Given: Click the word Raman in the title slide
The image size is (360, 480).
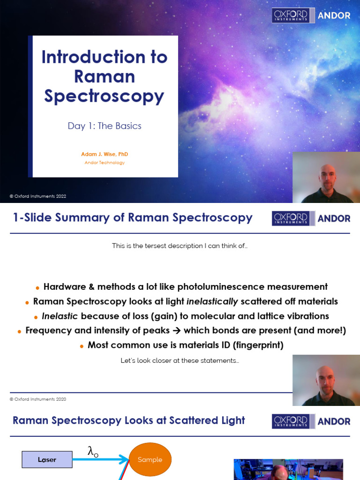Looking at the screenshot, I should click(x=104, y=76).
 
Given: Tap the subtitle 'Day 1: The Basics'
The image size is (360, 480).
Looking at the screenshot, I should click(x=104, y=126).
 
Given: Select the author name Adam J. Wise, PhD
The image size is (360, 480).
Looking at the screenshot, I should click(x=104, y=154).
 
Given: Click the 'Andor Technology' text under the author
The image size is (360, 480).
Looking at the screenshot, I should click(x=104, y=163).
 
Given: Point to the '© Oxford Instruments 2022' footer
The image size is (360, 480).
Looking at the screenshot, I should click(x=38, y=196).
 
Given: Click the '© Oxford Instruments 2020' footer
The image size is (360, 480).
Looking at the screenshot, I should click(x=38, y=399).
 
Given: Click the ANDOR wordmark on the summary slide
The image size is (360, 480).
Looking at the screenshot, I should click(x=334, y=218).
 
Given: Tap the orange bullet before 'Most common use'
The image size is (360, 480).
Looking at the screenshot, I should click(x=82, y=346).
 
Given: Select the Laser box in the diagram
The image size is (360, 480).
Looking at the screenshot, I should click(x=47, y=460).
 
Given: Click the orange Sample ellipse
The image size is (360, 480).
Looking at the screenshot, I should click(x=150, y=460).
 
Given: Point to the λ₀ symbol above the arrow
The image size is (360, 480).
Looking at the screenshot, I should click(x=93, y=451).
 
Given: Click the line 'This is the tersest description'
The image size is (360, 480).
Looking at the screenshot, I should click(x=180, y=246).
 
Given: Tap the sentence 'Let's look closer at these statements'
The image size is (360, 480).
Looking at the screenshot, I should click(x=180, y=361).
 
